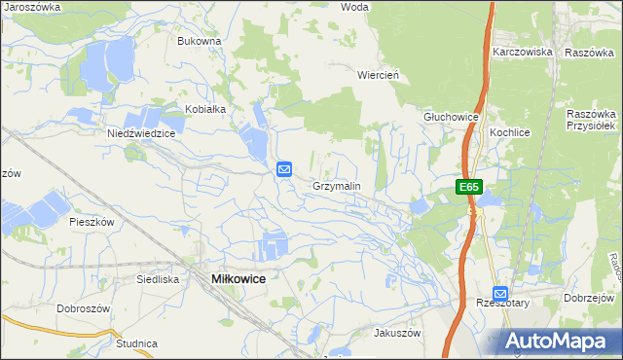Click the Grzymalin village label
[336, 186]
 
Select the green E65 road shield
[469, 187]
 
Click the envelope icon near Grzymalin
[284, 169]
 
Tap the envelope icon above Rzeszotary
[500, 293]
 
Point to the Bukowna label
[200, 42]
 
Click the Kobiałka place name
[205, 109]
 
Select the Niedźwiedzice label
[141, 134]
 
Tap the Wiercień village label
[380, 74]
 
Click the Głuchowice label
[451, 117]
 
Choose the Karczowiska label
[523, 52]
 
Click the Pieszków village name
[92, 222]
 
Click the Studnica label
[136, 343]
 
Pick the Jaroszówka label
[32, 6]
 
